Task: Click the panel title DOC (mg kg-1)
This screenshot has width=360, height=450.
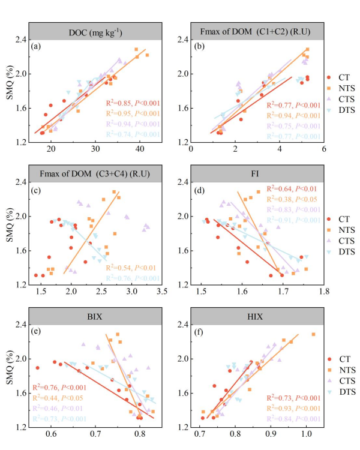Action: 95,31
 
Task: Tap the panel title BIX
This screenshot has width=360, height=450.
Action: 95,314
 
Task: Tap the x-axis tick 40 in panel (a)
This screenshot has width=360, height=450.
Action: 139,149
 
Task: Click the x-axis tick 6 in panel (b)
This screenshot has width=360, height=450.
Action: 323,149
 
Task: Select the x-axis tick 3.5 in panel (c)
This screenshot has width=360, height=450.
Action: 162,291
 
